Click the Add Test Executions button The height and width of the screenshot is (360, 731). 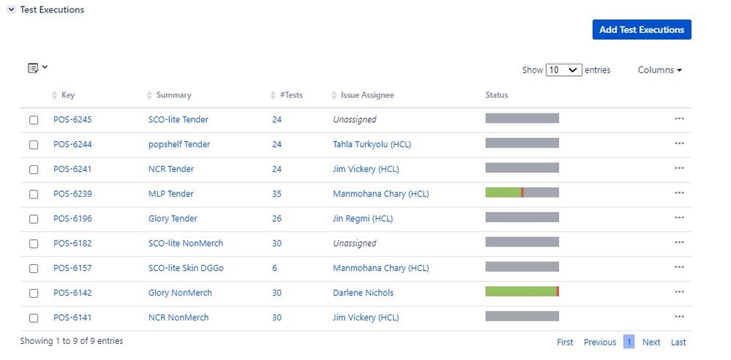(641, 30)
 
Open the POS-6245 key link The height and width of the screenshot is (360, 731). (72, 120)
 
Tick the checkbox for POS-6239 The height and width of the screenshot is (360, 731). (34, 195)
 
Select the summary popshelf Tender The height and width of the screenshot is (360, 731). (179, 145)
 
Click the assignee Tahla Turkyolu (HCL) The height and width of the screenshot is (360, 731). (372, 145)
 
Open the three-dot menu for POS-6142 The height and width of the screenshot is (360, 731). (679, 293)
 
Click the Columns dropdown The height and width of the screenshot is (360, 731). (659, 70)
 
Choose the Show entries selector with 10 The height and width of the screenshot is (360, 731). (563, 70)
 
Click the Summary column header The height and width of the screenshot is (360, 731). (173, 95)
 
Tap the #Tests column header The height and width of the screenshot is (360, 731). (290, 95)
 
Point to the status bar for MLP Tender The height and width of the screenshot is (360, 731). (522, 193)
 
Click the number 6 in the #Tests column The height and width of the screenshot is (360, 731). (274, 269)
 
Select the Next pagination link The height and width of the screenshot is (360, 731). (651, 342)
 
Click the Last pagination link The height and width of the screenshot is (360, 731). (678, 342)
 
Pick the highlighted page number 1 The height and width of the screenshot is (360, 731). (629, 342)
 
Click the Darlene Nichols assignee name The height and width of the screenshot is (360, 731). (363, 293)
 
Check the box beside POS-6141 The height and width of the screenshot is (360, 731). (34, 318)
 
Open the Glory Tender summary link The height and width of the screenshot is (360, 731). (173, 219)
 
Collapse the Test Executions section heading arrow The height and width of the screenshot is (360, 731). (12, 10)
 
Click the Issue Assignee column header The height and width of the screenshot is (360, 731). (367, 95)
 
